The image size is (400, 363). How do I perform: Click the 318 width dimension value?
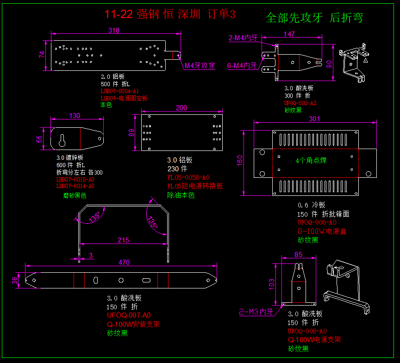(114, 31)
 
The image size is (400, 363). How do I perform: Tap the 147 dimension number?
(289, 34)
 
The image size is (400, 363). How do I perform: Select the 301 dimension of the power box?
(314, 119)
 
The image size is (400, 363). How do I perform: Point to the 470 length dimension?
(124, 262)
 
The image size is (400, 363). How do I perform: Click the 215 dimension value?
(124, 240)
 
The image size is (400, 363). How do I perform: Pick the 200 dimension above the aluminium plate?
(181, 108)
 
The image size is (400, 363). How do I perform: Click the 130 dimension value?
(75, 116)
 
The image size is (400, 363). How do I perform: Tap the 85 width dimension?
(298, 254)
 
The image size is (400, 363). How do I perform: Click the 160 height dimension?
(240, 160)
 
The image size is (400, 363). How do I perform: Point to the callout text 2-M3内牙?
(256, 312)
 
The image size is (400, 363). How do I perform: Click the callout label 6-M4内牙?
(242, 66)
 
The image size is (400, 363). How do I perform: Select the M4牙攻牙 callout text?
(200, 66)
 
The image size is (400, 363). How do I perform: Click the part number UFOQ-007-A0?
(129, 315)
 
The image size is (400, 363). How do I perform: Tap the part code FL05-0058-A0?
(188, 177)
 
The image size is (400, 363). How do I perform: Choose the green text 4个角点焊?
(311, 161)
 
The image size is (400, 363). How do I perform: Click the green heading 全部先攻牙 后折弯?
(314, 18)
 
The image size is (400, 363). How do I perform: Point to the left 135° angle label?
(95, 217)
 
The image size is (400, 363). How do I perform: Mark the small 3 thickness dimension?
(91, 255)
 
